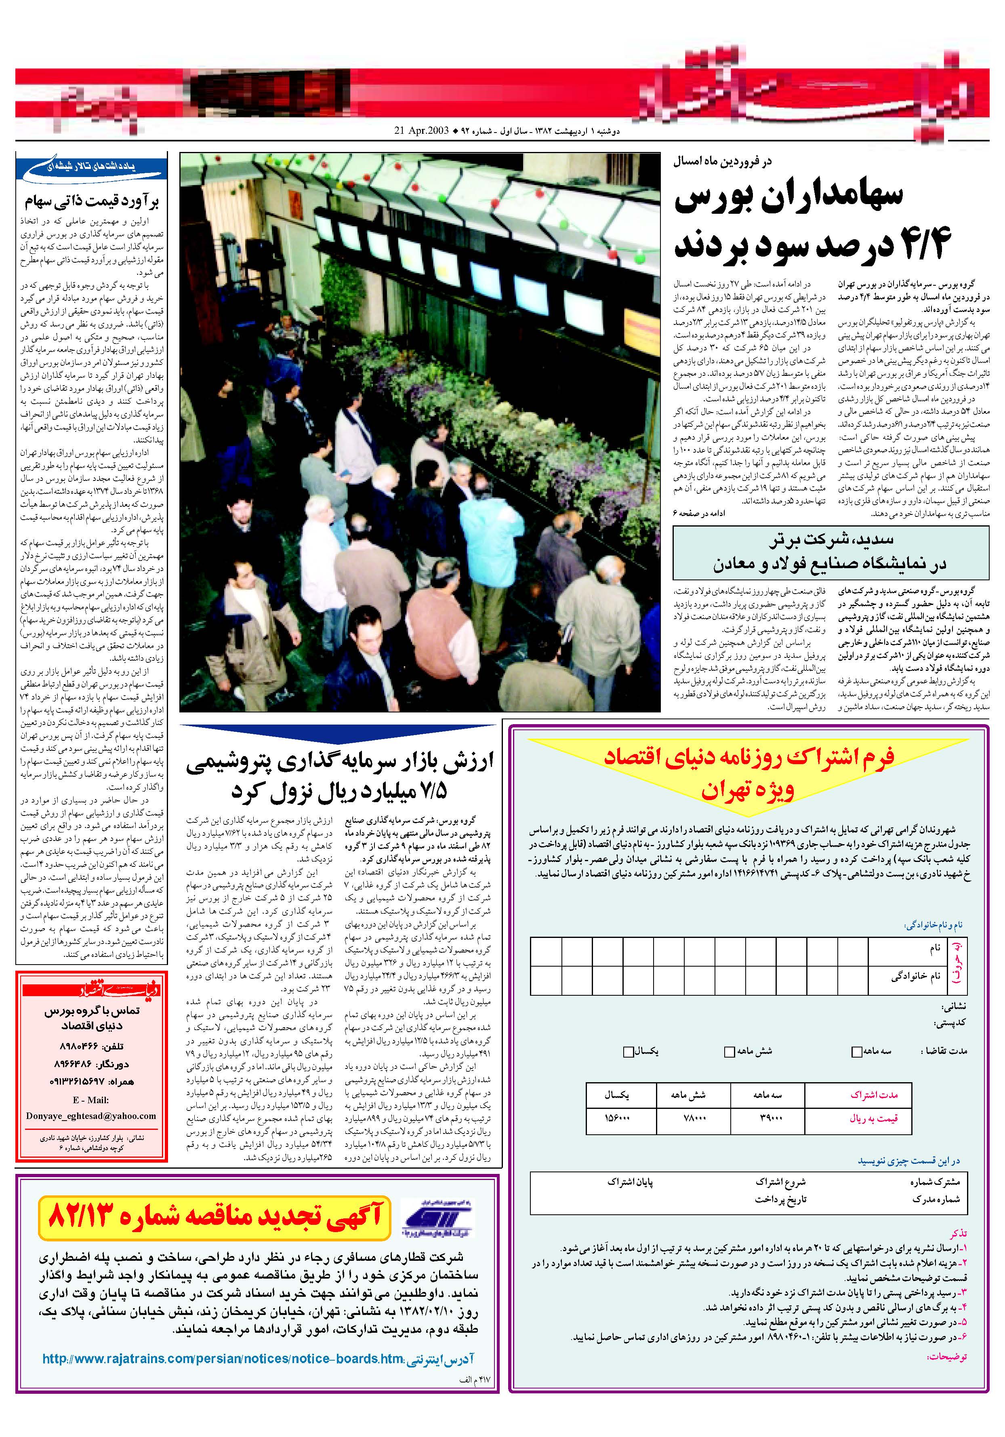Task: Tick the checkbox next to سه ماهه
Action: (857, 1052)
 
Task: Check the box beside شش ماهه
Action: (729, 1052)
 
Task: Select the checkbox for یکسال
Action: (628, 1052)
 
